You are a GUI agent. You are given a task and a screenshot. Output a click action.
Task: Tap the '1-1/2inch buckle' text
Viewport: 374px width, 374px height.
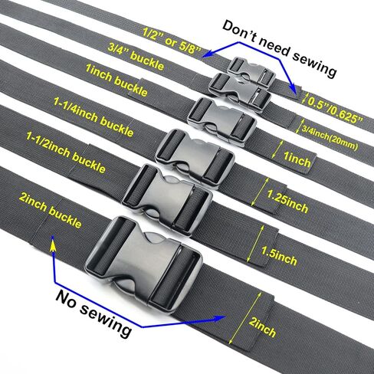tap(66, 153)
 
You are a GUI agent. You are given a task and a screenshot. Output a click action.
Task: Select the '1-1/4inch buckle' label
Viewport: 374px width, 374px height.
tap(93, 117)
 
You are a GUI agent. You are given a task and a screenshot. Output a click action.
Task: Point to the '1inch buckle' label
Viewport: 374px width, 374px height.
tap(116, 80)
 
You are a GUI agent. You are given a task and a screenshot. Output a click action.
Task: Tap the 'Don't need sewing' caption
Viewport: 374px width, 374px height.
tap(279, 48)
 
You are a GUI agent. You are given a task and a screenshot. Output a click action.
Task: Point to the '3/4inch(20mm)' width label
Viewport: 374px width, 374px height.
tap(330, 138)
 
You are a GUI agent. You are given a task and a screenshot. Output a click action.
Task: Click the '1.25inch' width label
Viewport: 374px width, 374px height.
tap(287, 201)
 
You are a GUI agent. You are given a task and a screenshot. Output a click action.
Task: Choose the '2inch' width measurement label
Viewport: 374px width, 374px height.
tap(262, 327)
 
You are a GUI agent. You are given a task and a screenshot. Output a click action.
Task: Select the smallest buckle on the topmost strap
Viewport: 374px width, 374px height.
tap(251, 72)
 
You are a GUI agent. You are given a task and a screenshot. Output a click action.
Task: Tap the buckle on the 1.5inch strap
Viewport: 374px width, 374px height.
tap(167, 199)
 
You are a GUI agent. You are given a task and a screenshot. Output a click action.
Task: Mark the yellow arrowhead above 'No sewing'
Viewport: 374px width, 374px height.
tap(52, 244)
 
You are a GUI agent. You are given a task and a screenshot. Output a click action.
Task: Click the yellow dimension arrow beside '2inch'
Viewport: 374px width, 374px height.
tap(246, 319)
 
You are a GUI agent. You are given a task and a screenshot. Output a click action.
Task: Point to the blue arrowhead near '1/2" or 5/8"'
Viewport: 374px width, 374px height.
tap(208, 54)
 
